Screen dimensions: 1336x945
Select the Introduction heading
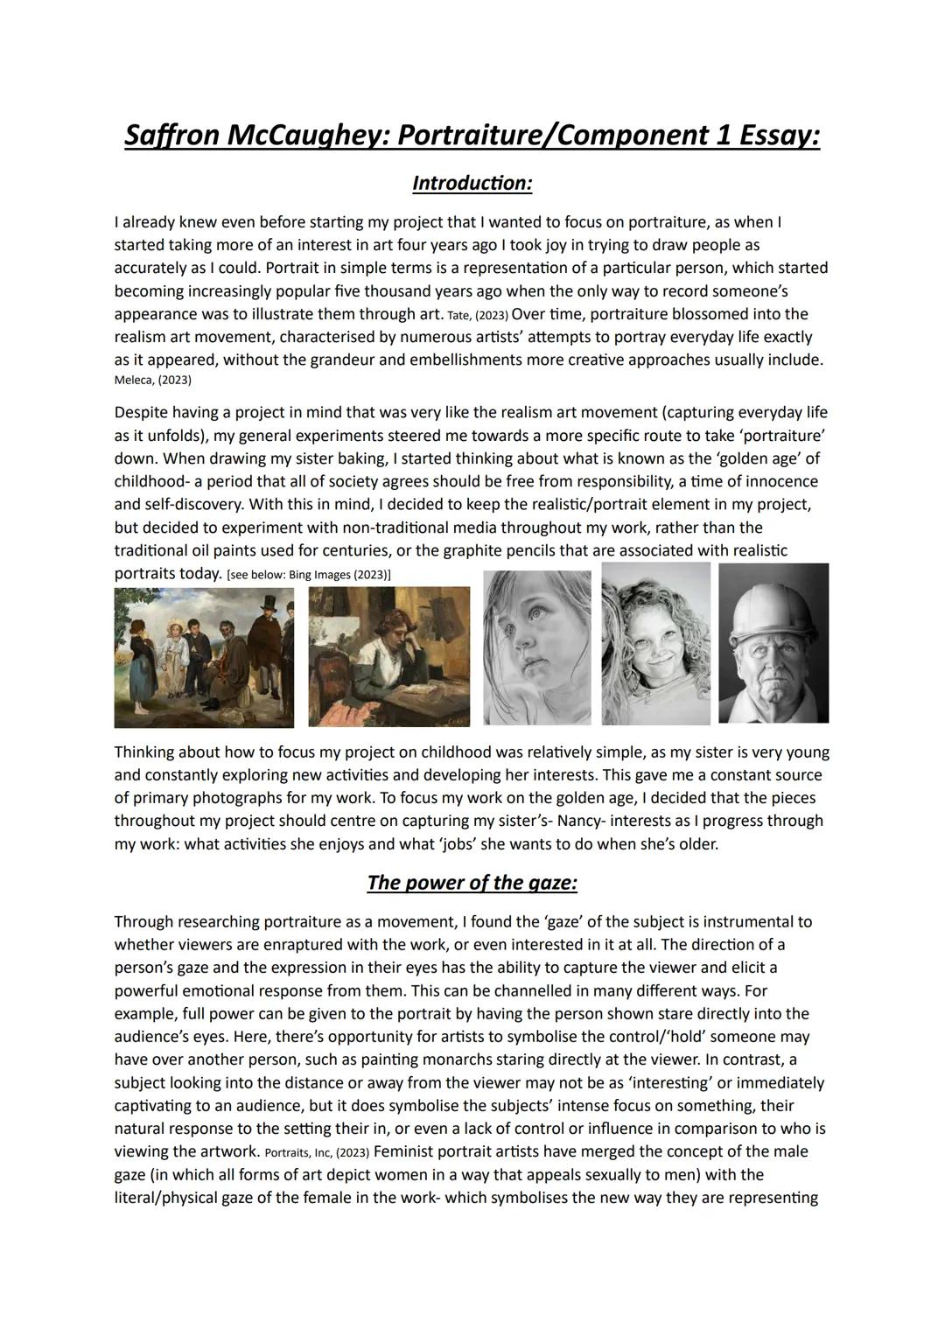point(472,184)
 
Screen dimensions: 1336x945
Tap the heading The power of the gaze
point(472,882)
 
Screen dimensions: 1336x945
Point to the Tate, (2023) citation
point(477,315)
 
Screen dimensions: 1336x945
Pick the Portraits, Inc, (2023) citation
point(316,1152)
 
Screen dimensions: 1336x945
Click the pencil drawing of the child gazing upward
point(536,647)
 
